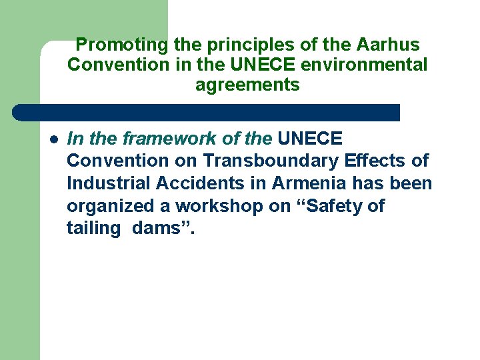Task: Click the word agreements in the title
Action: [247, 85]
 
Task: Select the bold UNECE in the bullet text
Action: [309, 139]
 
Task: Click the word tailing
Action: [93, 229]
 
